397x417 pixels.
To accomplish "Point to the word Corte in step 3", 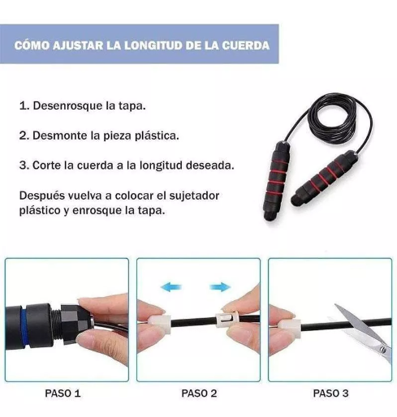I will point(48,165).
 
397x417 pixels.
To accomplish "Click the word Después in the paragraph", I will point(41,196).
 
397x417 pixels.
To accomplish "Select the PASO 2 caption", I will point(199,393).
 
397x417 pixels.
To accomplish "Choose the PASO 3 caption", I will point(330,393).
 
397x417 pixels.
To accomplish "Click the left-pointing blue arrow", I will point(171,286).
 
